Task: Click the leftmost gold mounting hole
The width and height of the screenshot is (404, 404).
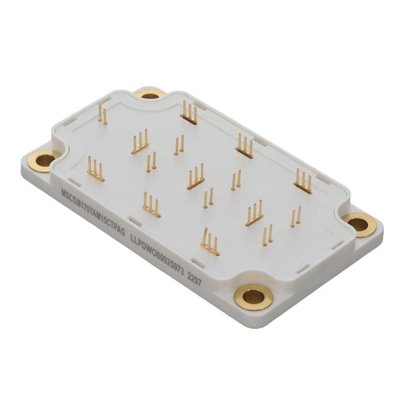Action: click(x=44, y=160)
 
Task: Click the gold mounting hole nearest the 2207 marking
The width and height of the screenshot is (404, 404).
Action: click(x=253, y=295)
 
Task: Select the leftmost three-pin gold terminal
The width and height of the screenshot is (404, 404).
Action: click(x=95, y=170)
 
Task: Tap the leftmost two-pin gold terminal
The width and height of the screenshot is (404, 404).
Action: click(x=103, y=116)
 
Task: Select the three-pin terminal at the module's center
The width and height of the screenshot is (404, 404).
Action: click(x=196, y=177)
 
